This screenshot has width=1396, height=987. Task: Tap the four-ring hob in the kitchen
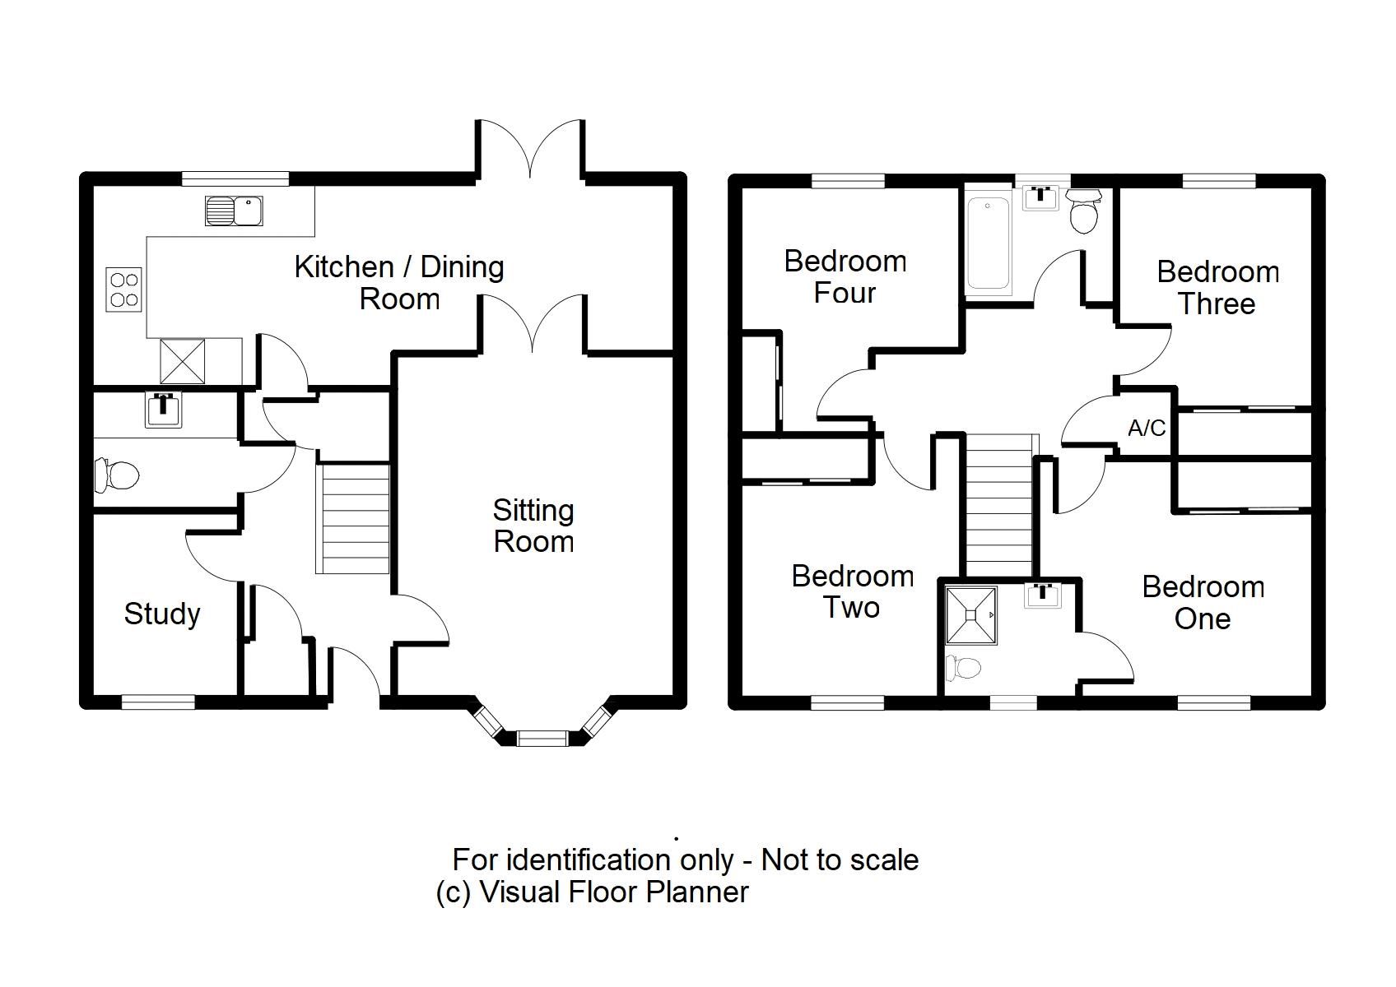(124, 290)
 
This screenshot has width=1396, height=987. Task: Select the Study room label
(162, 614)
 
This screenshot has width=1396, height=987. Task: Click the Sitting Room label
(533, 526)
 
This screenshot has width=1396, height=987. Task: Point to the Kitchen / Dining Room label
(399, 282)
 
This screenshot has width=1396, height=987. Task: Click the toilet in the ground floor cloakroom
(116, 475)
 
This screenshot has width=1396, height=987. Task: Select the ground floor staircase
(353, 518)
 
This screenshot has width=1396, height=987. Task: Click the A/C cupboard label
(1147, 428)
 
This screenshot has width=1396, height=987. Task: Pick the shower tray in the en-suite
(971, 614)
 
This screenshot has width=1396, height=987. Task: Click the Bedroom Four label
(845, 276)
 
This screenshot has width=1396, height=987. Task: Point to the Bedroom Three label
(1217, 287)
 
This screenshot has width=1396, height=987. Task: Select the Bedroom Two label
(852, 591)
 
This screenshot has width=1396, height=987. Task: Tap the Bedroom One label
(1203, 602)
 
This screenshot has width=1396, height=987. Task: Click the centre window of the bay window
(542, 738)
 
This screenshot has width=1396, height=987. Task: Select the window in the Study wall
(158, 702)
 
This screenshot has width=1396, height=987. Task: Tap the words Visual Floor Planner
(614, 892)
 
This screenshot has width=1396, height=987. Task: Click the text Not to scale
(840, 860)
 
